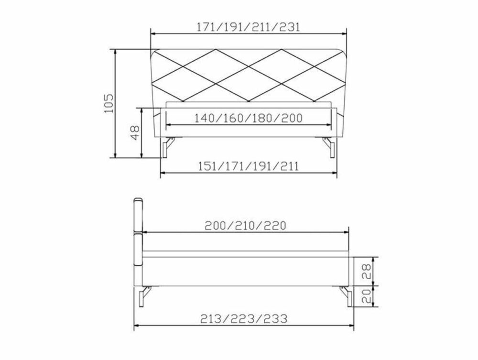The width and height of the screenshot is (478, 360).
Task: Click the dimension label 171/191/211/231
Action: click(248, 27)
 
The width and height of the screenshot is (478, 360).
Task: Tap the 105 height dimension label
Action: click(109, 103)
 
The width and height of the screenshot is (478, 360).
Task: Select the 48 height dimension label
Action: click(135, 132)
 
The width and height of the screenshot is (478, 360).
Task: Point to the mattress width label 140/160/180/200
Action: click(249, 118)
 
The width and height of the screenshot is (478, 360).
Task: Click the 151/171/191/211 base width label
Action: click(249, 166)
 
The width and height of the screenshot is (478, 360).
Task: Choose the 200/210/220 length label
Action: click(245, 226)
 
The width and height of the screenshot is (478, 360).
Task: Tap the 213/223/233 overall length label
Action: click(244, 319)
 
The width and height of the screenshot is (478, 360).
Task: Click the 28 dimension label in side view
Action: click(366, 271)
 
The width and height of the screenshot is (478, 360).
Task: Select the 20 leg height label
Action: click(366, 295)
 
